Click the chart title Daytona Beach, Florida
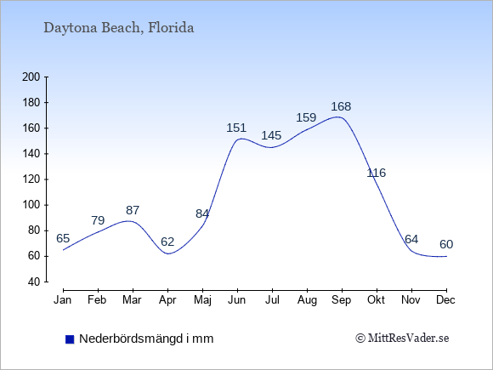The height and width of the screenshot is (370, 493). (x=118, y=28)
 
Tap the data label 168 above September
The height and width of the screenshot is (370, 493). (x=341, y=106)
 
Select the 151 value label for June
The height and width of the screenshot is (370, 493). (x=236, y=128)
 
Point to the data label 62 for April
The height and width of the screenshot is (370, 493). (x=167, y=242)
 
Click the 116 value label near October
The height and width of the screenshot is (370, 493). (x=376, y=173)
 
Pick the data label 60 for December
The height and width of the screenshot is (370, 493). (x=446, y=244)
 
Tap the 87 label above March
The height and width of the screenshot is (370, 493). (x=133, y=210)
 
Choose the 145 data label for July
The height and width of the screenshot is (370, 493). (x=271, y=135)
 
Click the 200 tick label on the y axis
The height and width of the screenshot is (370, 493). (x=31, y=77)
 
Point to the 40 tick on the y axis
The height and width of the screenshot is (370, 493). (x=34, y=282)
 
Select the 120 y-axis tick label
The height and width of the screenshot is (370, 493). (x=31, y=179)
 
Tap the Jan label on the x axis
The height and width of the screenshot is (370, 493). (x=63, y=300)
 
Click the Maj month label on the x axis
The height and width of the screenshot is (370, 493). (x=202, y=300)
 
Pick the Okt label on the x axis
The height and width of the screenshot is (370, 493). (x=376, y=300)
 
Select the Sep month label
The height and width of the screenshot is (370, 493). (x=341, y=300)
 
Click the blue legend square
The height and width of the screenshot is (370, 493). (x=70, y=339)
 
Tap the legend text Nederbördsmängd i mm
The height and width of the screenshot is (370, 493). (x=146, y=339)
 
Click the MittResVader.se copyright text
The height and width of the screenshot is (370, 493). (x=402, y=339)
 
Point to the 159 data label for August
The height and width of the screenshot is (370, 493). (x=306, y=117)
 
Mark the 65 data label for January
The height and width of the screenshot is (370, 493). (x=63, y=238)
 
